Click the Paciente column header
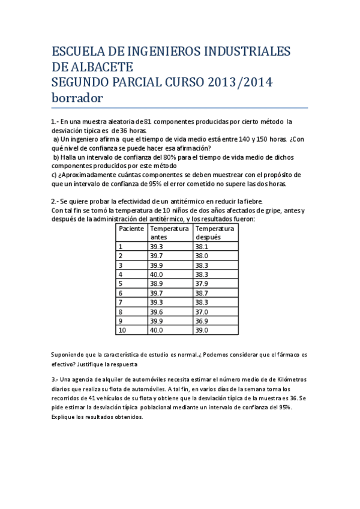pyautogui.click(x=131, y=229)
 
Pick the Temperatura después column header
pyautogui.click(x=215, y=233)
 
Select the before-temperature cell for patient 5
pyautogui.click(x=157, y=284)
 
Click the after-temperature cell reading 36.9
pyautogui.click(x=202, y=321)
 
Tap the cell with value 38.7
pyautogui.click(x=202, y=293)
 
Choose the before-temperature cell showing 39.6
pyautogui.click(x=157, y=312)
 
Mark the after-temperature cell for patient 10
pyautogui.click(x=202, y=330)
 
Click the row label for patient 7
pyautogui.click(x=121, y=303)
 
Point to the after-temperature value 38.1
pyautogui.click(x=202, y=247)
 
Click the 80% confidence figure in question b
pyautogui.click(x=160, y=157)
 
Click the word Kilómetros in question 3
pyautogui.click(x=289, y=380)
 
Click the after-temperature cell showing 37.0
pyautogui.click(x=202, y=312)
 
